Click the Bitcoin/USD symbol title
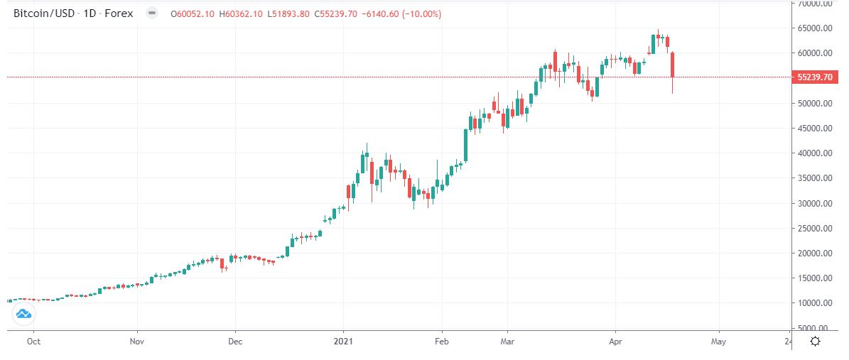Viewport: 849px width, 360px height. pyautogui.click(x=45, y=13)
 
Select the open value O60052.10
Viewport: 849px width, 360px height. pyautogui.click(x=193, y=13)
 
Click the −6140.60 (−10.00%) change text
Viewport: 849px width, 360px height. pyautogui.click(x=404, y=13)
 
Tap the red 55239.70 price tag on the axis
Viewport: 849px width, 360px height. pyautogui.click(x=814, y=77)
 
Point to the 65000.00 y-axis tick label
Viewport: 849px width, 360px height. pyautogui.click(x=814, y=28)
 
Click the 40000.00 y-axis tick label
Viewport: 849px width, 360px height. pyautogui.click(x=814, y=153)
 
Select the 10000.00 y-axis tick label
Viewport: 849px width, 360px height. pyautogui.click(x=814, y=303)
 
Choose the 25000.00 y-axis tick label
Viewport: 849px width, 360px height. pyautogui.click(x=814, y=229)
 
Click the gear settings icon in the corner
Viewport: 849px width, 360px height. pyautogui.click(x=816, y=342)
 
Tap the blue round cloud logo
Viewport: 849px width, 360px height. pyautogui.click(x=22, y=313)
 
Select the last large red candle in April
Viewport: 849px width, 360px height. pyautogui.click(x=672, y=65)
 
